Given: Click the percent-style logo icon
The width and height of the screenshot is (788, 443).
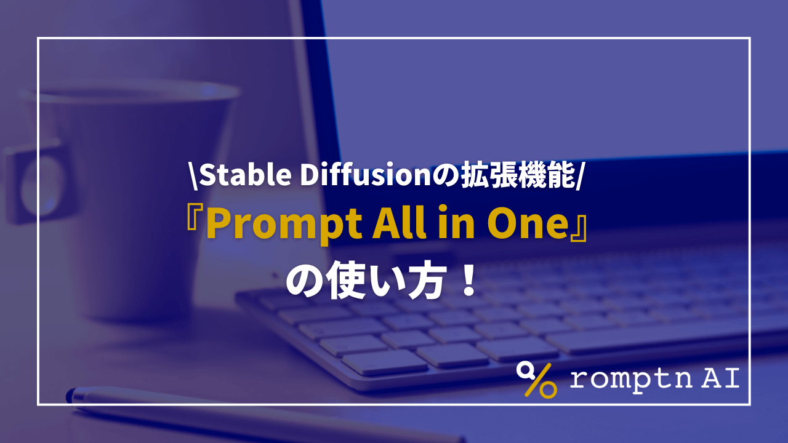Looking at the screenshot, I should coord(536,379).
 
